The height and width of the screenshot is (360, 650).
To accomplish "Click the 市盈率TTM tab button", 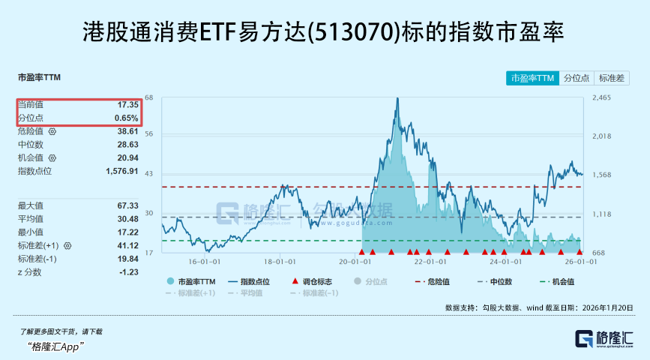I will tap(532, 78).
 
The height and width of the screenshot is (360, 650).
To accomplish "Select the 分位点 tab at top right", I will tap(576, 78).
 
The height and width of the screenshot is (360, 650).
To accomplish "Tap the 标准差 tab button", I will tap(612, 78).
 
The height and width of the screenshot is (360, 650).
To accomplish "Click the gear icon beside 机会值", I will tap(52, 158).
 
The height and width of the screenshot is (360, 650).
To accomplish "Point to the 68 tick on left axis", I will tap(149, 98).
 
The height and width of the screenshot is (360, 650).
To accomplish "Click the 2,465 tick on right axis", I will tap(602, 98).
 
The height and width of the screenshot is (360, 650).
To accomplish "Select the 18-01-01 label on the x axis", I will tap(279, 262).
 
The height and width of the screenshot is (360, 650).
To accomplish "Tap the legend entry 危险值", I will tap(434, 281).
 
